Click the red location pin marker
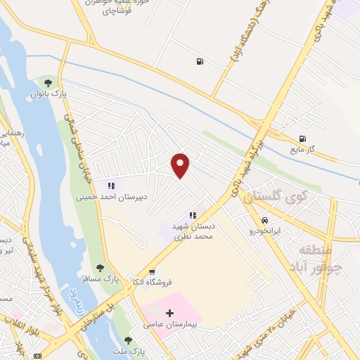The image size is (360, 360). [181, 165]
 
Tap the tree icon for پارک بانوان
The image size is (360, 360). [48, 83]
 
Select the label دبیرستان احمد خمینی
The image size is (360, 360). [112, 198]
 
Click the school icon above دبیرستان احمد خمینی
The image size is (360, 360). [110, 186]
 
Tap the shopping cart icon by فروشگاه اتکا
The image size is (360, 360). [152, 272]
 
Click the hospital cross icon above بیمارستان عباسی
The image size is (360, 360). [169, 313]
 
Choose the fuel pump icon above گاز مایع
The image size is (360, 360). [302, 139]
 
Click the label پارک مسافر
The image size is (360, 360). [101, 278]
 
